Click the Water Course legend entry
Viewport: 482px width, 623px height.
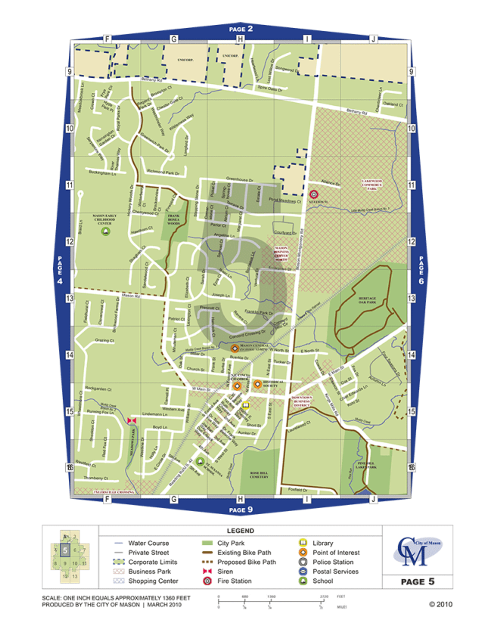[x=148, y=543]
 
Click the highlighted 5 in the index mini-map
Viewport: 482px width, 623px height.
[x=66, y=551]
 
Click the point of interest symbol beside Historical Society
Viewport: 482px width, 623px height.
[x=257, y=384]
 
